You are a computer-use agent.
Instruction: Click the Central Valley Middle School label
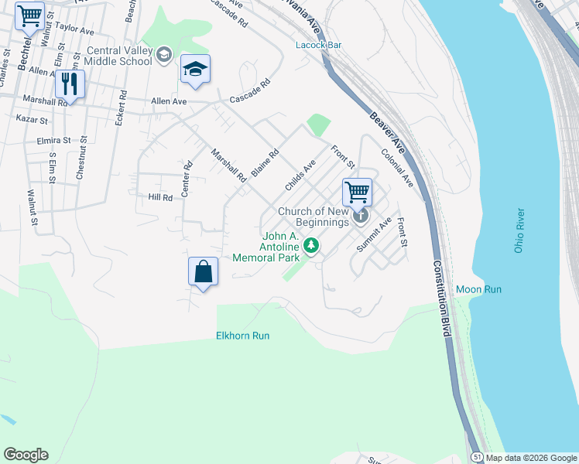click(118, 55)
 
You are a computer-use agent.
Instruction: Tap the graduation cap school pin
click(195, 70)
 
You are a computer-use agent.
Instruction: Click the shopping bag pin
click(203, 272)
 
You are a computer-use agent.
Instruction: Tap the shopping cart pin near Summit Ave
click(357, 191)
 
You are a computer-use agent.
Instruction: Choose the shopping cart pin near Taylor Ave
click(29, 15)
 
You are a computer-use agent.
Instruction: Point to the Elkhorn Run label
click(242, 336)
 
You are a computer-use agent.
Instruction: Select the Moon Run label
click(478, 289)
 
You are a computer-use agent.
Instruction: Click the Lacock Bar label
click(318, 45)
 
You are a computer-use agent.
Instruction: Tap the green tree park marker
click(311, 246)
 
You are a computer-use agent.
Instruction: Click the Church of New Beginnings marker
click(361, 217)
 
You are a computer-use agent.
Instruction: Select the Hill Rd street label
click(160, 198)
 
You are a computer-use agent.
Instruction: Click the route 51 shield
click(478, 457)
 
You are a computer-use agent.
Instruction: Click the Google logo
click(26, 455)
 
